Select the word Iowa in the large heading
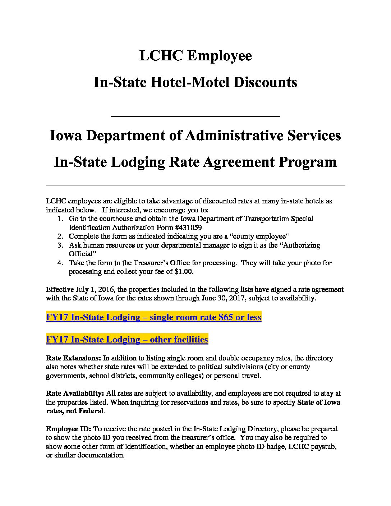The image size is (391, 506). coord(65,135)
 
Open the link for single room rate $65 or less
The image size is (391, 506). coord(153,317)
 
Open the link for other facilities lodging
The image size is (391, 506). coord(127,340)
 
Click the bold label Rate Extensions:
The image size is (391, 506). coord(74,358)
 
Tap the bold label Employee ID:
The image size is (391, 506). coord(69,429)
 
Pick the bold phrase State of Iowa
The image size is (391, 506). coord(319,402)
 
